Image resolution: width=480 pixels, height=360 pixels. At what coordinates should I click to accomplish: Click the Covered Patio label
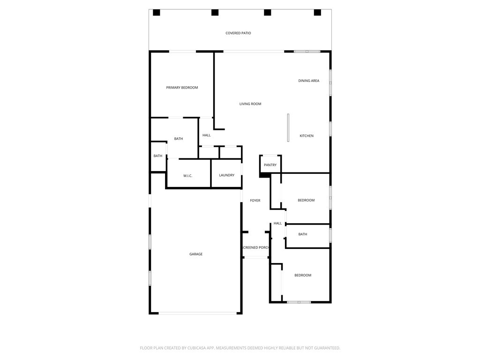click(x=238, y=33)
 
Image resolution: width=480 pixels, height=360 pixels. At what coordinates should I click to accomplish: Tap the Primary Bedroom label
click(x=182, y=88)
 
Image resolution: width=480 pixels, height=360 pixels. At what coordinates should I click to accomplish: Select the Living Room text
click(x=250, y=104)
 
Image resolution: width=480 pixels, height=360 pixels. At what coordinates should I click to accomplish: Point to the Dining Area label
click(x=308, y=81)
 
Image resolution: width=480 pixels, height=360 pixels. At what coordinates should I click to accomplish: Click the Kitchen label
click(x=307, y=136)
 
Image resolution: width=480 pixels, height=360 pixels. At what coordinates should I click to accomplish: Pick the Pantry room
click(x=270, y=165)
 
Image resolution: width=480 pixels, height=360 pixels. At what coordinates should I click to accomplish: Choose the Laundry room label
click(x=226, y=175)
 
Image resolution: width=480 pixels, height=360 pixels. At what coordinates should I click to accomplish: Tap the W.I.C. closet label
click(x=187, y=176)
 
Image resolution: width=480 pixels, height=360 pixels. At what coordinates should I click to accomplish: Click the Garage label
click(x=196, y=254)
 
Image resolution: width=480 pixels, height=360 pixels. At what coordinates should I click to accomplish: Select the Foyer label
click(x=255, y=201)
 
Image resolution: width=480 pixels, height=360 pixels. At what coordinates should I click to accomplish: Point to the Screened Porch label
click(x=255, y=247)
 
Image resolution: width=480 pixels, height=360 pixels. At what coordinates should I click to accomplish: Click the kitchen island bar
click(x=288, y=127)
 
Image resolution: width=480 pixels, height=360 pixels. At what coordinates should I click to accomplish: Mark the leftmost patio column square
click(x=157, y=13)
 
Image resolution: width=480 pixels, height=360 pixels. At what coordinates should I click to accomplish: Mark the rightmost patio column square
click(x=317, y=13)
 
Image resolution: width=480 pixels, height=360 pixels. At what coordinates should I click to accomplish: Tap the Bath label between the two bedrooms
click(x=303, y=234)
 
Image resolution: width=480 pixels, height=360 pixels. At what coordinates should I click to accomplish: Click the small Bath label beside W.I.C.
click(x=158, y=156)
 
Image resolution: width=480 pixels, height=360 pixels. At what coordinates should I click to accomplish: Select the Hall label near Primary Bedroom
click(x=206, y=135)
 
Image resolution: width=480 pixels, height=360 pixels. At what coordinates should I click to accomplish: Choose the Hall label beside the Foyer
click(x=277, y=224)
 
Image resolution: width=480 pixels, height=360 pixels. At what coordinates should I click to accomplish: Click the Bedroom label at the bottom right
click(x=302, y=275)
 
